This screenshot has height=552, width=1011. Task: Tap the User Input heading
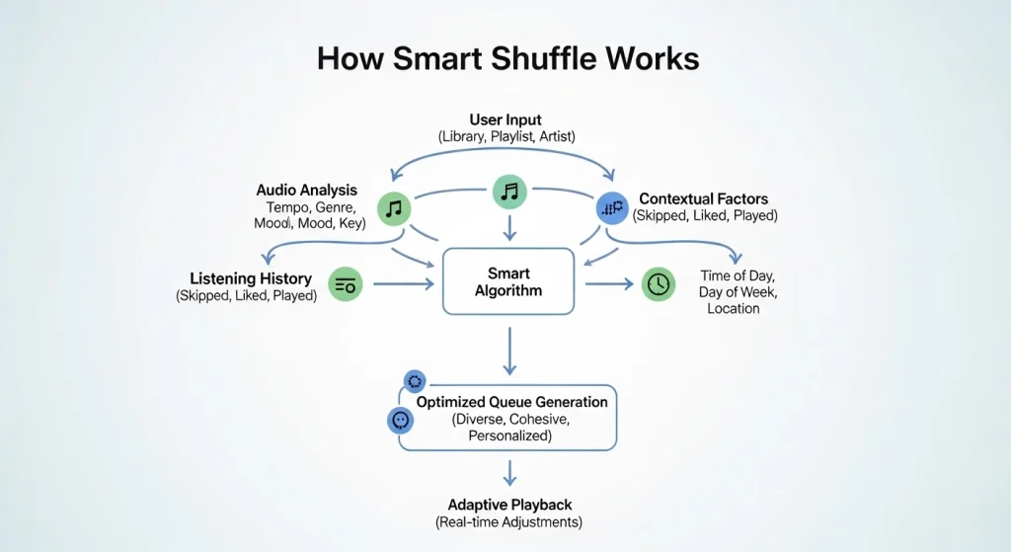[505, 120]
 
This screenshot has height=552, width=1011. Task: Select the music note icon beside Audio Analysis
[394, 207]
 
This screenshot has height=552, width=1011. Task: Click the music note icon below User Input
[509, 192]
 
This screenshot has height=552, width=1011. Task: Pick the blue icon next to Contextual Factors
[612, 207]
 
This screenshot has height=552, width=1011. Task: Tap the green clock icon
[657, 284]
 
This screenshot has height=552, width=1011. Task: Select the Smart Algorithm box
[508, 281]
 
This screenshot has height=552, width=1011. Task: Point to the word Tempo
[287, 207]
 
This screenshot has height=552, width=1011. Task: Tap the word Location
[734, 308]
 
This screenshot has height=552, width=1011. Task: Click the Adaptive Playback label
[508, 504]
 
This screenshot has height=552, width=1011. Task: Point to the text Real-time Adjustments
[508, 521]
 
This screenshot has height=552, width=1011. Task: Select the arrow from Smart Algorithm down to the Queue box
[509, 351]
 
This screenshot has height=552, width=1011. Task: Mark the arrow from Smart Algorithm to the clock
[610, 284]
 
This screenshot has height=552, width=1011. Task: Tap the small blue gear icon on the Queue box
[415, 381]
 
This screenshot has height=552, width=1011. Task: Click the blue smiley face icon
[401, 421]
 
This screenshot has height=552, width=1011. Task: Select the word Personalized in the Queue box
[509, 434]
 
